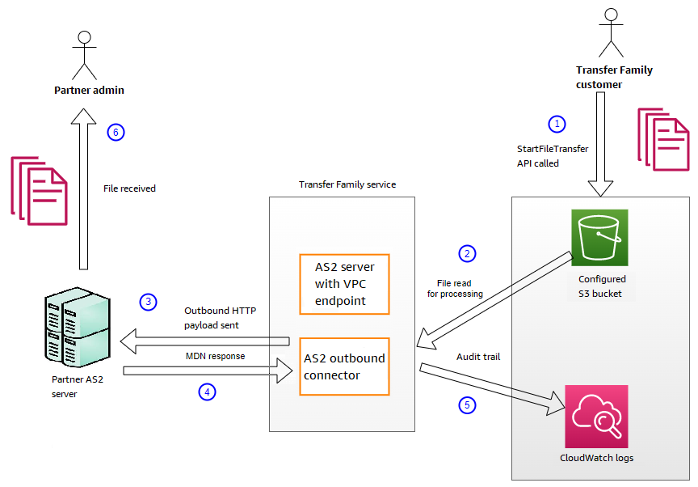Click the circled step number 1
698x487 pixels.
556,124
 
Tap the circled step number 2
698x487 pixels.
466,253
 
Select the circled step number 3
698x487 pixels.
147,302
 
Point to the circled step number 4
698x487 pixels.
208,392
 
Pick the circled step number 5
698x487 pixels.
466,405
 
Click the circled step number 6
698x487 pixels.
116,132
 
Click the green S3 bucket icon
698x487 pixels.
599,237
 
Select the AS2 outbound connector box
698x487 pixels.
344,366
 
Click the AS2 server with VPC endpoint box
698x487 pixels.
344,284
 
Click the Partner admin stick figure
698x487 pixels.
82,53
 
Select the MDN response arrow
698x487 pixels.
207,371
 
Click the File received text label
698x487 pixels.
129,188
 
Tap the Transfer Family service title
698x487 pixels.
347,184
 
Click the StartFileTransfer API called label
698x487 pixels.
553,156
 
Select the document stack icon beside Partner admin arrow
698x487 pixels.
38,190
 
